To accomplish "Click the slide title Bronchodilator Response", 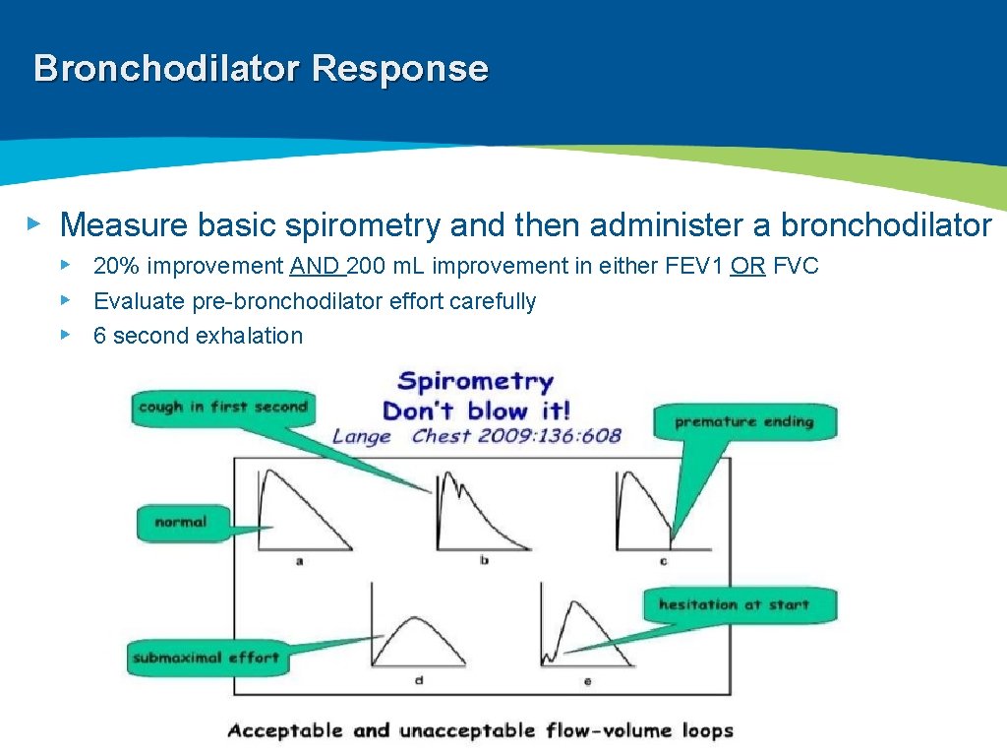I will pyautogui.click(x=261, y=69).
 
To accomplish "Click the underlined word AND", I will pyautogui.click(x=315, y=267).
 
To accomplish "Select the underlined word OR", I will pyautogui.click(x=747, y=267).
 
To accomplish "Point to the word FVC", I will pyautogui.click(x=796, y=267).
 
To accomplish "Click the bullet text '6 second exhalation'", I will pyautogui.click(x=198, y=336).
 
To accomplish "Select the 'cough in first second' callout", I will pyautogui.click(x=223, y=407).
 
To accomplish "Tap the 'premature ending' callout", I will pyautogui.click(x=744, y=422).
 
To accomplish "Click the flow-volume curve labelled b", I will pyautogui.click(x=477, y=512).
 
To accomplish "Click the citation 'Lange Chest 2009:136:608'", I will pyautogui.click(x=477, y=436).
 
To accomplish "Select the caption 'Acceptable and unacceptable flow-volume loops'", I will pyautogui.click(x=480, y=730).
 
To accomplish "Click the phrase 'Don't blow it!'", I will pyautogui.click(x=476, y=409).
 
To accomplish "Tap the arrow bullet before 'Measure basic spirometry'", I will pyautogui.click(x=33, y=224).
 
